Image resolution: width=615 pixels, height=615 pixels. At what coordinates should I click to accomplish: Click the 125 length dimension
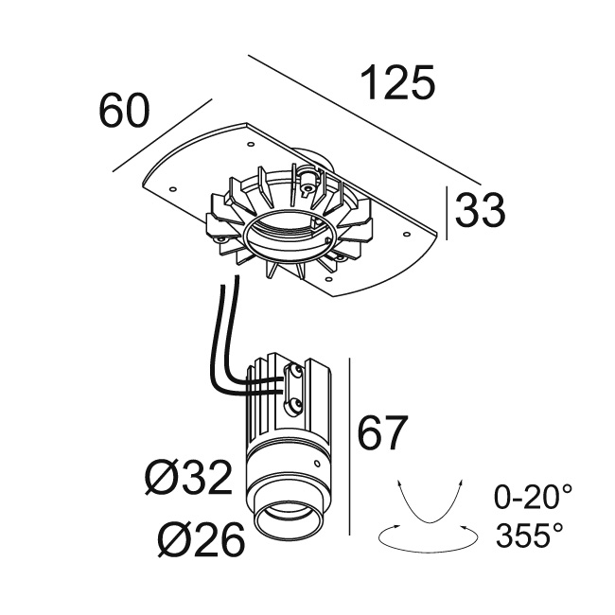[x=397, y=83]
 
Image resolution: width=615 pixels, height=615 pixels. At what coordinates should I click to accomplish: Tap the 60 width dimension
[x=124, y=110]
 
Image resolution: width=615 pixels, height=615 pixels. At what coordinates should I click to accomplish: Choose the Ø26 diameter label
[x=202, y=538]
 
